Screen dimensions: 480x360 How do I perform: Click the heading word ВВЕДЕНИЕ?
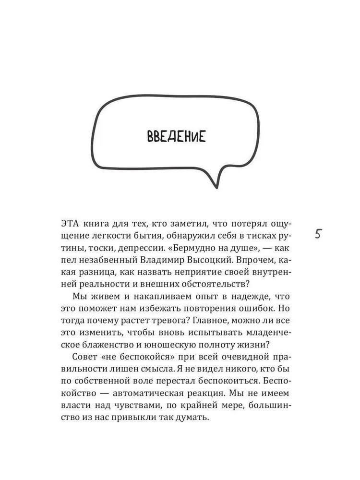[175, 137]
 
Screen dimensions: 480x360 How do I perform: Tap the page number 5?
[319, 235]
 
